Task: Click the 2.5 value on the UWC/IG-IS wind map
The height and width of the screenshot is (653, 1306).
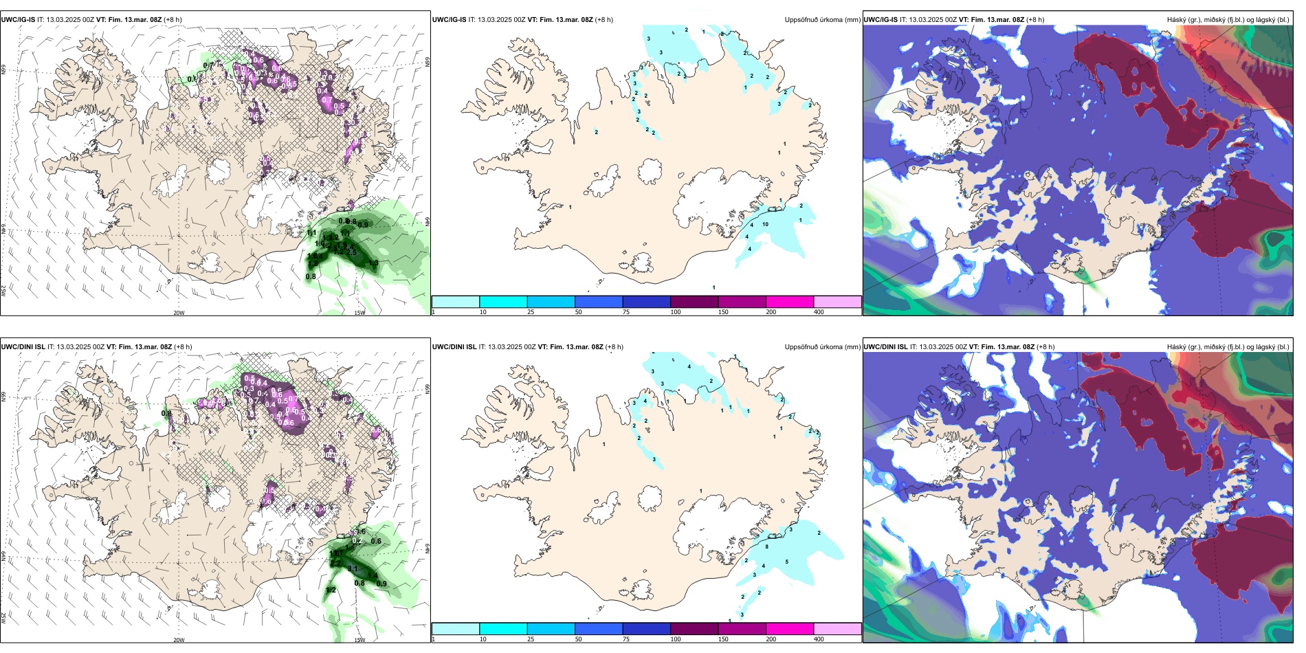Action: [351, 252]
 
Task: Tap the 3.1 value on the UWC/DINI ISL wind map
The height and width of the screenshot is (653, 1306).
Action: [353, 569]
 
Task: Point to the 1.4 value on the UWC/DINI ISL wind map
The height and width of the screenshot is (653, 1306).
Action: [373, 576]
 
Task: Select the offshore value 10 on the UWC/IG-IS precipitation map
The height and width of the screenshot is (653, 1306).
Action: [765, 224]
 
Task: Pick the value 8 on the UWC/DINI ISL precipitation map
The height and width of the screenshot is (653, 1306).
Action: [767, 546]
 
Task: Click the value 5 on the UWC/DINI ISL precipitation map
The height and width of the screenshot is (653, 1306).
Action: [786, 562]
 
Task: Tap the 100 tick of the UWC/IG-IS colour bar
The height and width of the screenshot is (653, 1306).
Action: [676, 312]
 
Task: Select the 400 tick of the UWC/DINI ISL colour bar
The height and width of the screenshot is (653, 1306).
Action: [819, 639]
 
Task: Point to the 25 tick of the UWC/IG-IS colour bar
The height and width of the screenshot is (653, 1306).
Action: [531, 312]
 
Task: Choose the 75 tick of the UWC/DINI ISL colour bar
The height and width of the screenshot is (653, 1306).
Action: [626, 639]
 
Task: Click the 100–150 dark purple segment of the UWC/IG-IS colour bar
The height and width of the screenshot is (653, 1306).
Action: [694, 302]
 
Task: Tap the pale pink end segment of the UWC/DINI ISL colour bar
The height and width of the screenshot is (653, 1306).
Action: [837, 629]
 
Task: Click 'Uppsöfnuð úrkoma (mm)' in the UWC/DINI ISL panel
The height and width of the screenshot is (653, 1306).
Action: [822, 347]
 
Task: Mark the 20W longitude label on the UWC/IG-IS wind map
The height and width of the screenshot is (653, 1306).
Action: [179, 313]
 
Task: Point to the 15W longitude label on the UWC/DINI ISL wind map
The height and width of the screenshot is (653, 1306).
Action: [359, 640]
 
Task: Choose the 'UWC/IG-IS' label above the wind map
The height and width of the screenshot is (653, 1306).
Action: [18, 20]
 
